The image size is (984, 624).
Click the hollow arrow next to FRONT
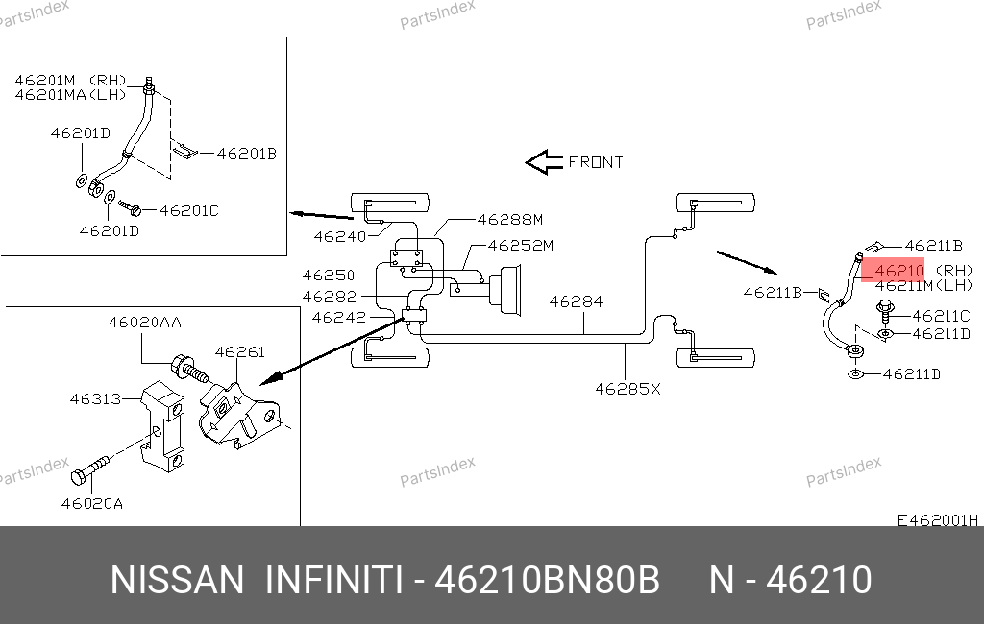543,162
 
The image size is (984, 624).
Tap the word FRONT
596,162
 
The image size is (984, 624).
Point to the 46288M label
510,219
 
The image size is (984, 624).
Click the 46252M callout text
521,246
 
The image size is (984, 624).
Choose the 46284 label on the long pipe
576,301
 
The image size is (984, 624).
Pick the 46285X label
628,389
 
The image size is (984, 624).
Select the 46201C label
188,210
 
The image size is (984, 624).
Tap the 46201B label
246,153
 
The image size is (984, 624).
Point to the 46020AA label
144,324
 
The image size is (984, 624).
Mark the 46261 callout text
239,352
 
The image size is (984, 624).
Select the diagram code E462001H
937,520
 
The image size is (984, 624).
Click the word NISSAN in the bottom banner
178,581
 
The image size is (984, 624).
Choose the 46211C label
941,315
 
